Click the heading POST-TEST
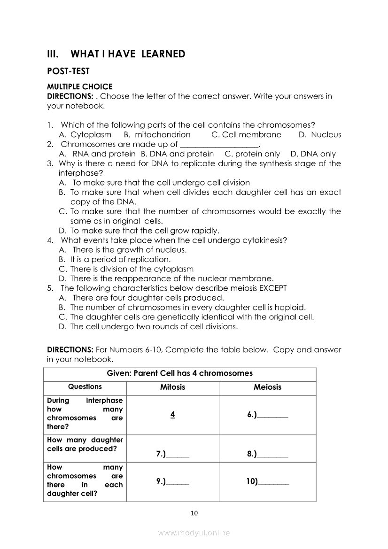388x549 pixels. pyautogui.click(x=69, y=71)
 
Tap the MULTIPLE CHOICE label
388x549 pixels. pyautogui.click(x=80, y=86)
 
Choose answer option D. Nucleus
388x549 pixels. pyautogui.click(x=320, y=135)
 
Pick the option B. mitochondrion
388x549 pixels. pyautogui.click(x=157, y=135)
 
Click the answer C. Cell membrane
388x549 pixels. pyautogui.click(x=246, y=135)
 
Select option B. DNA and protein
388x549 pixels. pyautogui.click(x=177, y=154)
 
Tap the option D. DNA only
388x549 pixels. pyautogui.click(x=313, y=154)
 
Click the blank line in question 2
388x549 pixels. pyautogui.click(x=219, y=145)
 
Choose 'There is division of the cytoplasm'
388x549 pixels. pyautogui.click(x=132, y=269)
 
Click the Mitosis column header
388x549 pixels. pyautogui.click(x=173, y=387)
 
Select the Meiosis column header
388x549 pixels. pyautogui.click(x=267, y=387)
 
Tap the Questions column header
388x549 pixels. pyautogui.click(x=85, y=387)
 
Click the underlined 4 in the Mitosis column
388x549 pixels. pyautogui.click(x=173, y=415)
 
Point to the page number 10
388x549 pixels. pyautogui.click(x=194, y=513)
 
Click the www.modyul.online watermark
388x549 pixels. pyautogui.click(x=194, y=533)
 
